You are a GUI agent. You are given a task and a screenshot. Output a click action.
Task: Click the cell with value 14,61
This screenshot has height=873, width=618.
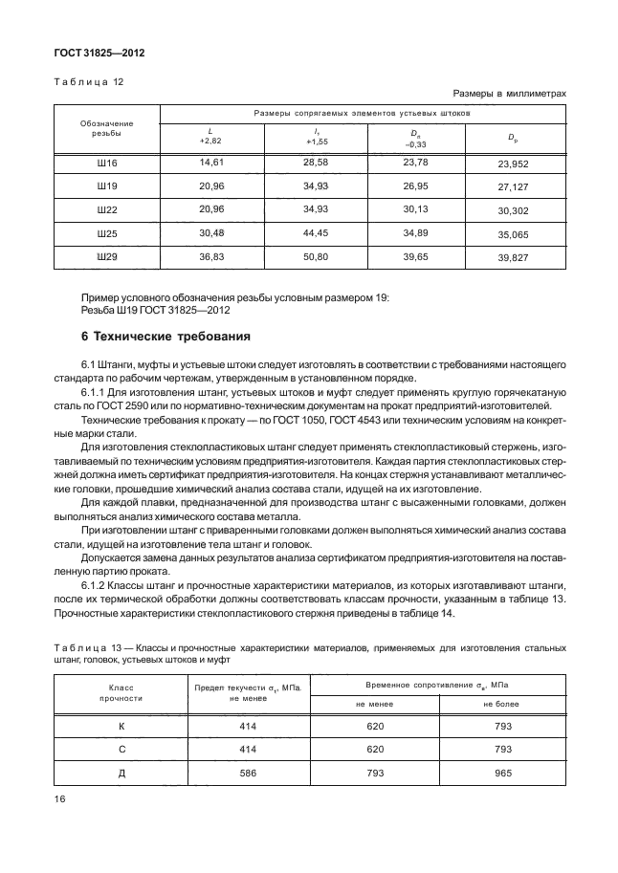[210, 164]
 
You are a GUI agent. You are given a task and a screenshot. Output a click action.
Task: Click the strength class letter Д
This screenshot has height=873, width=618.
[121, 774]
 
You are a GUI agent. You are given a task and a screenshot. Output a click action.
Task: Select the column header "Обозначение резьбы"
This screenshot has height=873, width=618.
[106, 128]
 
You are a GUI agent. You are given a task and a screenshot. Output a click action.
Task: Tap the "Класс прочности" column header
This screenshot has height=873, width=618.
[121, 692]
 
